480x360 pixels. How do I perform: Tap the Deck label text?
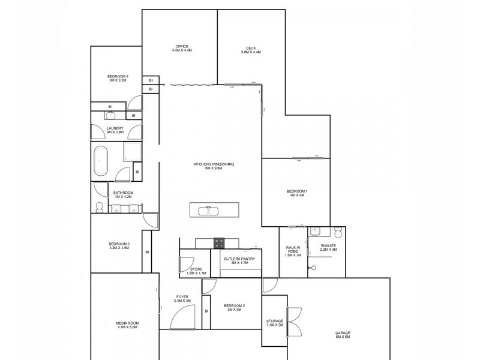click(251, 50)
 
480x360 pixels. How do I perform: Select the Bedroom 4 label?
click(118, 78)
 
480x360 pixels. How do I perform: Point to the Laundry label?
click(115, 130)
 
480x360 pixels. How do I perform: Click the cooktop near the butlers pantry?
click(218, 242)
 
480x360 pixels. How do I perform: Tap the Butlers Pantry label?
click(239, 261)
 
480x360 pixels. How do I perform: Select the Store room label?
click(196, 271)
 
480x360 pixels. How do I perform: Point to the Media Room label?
click(127, 326)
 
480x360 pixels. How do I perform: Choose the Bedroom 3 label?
click(119, 245)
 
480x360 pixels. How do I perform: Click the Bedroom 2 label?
click(235, 308)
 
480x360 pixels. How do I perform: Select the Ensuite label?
click(328, 248)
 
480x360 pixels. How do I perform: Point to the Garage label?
click(343, 335)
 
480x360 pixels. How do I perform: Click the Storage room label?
click(275, 323)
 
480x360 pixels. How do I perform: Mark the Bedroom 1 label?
click(298, 193)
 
